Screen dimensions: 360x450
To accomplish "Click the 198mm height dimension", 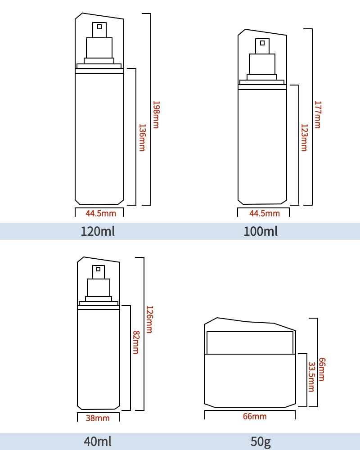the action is click(156, 115).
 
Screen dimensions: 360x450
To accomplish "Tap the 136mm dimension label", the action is click(142, 138).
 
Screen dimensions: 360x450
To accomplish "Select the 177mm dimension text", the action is click(318, 115).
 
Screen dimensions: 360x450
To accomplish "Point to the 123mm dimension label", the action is click(304, 138).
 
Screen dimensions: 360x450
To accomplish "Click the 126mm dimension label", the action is click(149, 319).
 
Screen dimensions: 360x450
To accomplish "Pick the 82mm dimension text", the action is click(136, 342).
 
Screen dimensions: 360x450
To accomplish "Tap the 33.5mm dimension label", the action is click(311, 377).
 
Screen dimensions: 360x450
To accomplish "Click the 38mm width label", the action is click(98, 418).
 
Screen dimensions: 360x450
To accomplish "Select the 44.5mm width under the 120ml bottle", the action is click(101, 213).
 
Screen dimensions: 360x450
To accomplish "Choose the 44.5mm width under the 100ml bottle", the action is click(265, 213).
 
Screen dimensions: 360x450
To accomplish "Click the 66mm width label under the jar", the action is click(255, 416).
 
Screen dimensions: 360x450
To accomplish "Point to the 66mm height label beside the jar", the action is click(322, 369).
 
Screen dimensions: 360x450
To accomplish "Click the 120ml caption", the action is click(98, 231).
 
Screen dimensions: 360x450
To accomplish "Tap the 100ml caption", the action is click(261, 231).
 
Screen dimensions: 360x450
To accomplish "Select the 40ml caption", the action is click(98, 441).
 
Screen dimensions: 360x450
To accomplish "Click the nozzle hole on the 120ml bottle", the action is click(99, 27).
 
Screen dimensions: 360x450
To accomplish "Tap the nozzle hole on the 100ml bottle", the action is click(262, 43).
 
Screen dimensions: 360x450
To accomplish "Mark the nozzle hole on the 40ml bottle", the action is click(98, 269).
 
